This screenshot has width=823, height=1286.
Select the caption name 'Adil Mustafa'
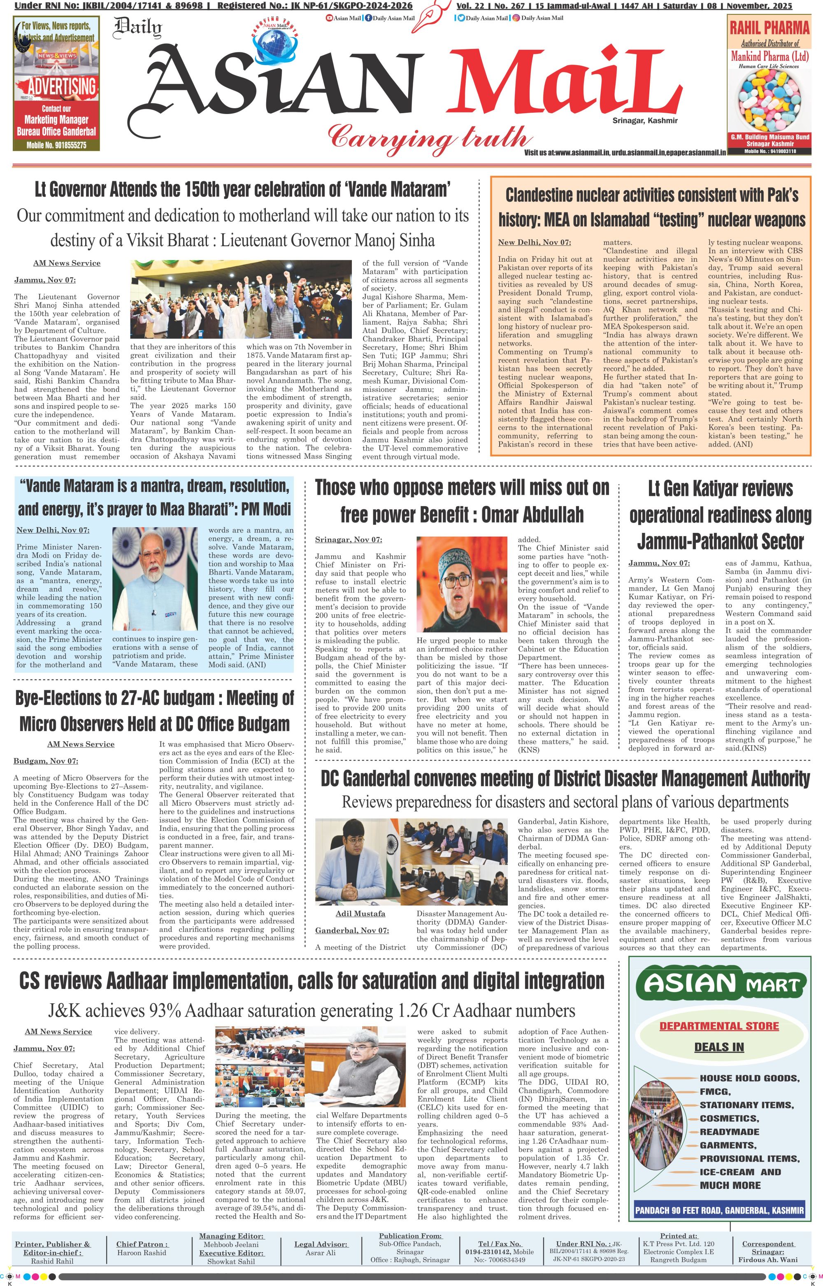pos(360,914)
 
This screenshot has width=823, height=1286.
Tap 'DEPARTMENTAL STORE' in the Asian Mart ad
pos(719,1026)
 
